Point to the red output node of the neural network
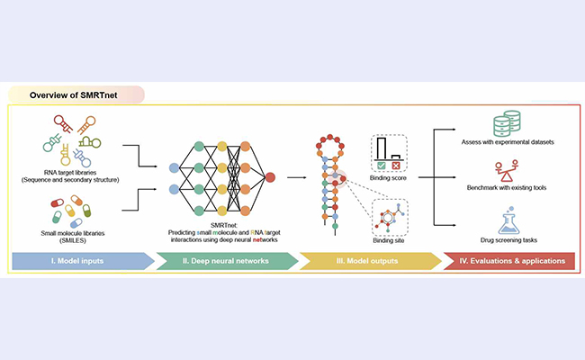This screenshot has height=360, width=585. [x=270, y=177]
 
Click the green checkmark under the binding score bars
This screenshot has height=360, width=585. [x=382, y=167]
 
